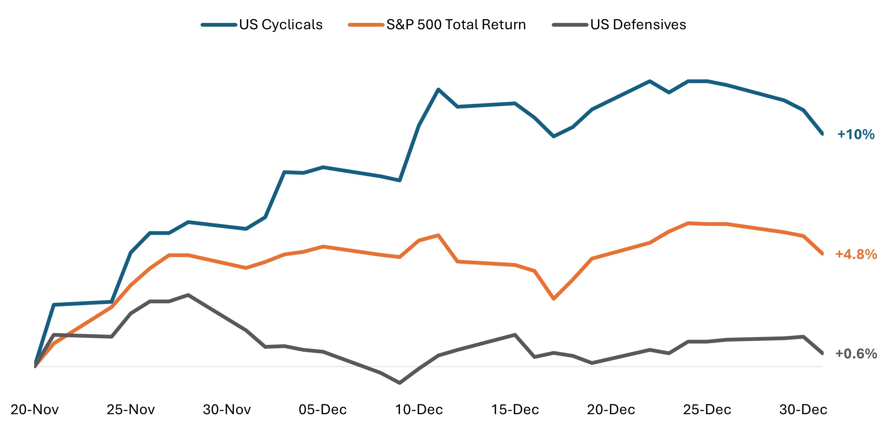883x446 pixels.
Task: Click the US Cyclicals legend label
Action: click(281, 25)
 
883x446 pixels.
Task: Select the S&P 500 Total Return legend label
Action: click(456, 25)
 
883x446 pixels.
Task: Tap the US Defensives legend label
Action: click(638, 25)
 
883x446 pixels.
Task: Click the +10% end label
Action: click(856, 135)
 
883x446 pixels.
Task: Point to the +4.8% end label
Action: click(856, 254)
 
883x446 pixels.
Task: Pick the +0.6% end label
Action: click(856, 354)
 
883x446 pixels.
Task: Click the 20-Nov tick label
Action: click(35, 410)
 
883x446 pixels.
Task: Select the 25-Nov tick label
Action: click(131, 410)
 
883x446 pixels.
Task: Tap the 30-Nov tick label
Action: click(227, 410)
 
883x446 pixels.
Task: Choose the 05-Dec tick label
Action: click(323, 410)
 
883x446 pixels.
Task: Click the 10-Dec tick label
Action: click(419, 410)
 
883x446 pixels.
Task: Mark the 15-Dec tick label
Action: click(515, 410)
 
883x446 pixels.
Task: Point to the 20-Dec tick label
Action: click(611, 410)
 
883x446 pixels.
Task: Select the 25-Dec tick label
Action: click(707, 410)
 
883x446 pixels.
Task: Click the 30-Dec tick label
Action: click(803, 410)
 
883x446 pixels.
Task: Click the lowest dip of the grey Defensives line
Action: click(400, 383)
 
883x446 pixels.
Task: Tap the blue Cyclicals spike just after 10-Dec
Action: click(438, 89)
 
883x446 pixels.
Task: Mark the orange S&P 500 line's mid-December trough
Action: click(554, 299)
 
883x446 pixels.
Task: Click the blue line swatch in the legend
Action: click(219, 25)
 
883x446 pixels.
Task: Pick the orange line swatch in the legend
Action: click(366, 25)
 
